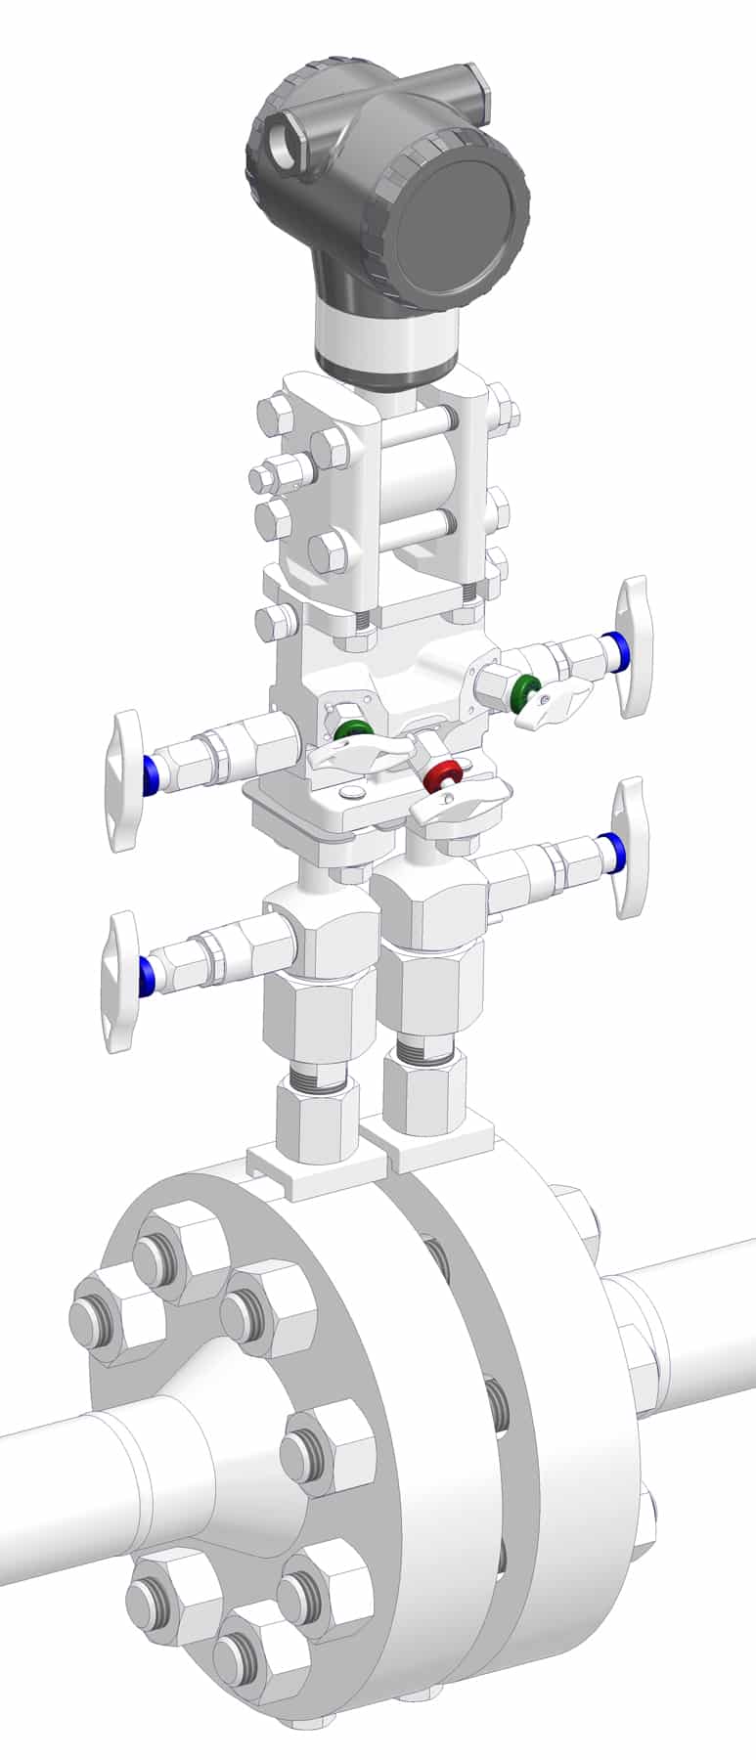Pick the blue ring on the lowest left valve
pyautogui.click(x=149, y=974)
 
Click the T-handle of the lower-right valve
pyautogui.click(x=628, y=848)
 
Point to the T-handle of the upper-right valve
pyautogui.click(x=635, y=645)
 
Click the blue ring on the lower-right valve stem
pyautogui.click(x=609, y=851)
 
